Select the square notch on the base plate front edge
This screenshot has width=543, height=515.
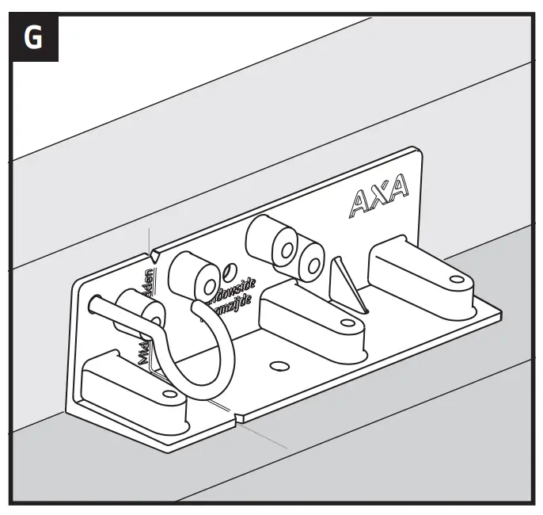point(240,418)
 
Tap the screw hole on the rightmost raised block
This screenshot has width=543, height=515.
point(457,278)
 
